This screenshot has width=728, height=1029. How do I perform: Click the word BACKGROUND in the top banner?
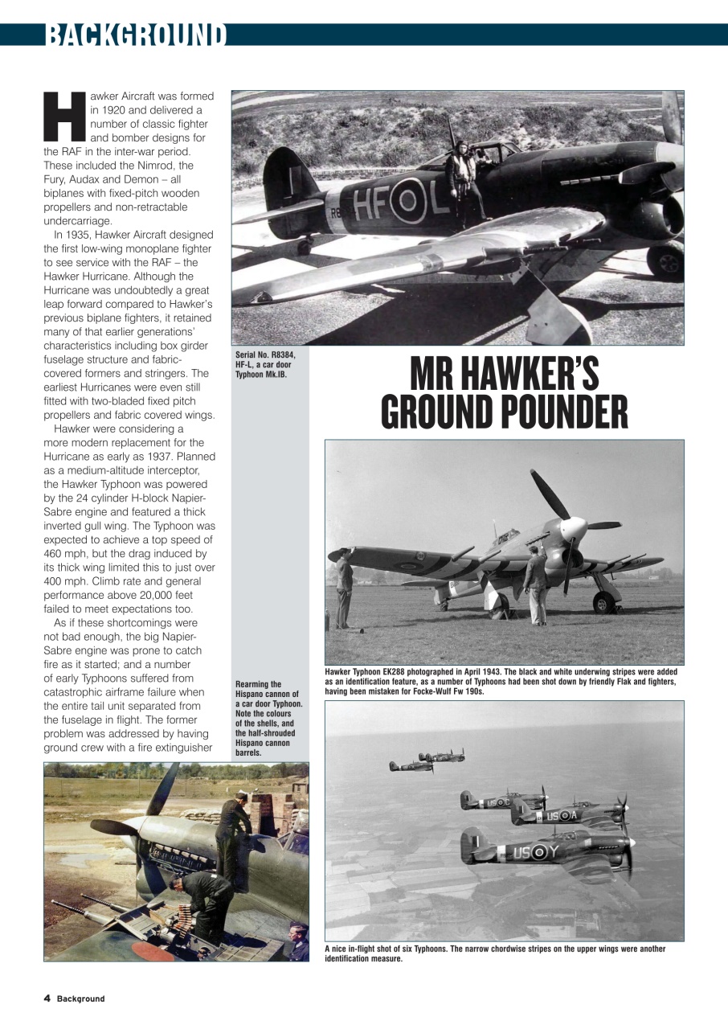point(135,35)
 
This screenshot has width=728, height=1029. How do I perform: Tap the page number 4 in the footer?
point(47,998)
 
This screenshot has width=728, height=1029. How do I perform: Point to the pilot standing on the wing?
point(464,181)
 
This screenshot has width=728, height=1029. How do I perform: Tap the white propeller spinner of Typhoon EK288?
point(574,528)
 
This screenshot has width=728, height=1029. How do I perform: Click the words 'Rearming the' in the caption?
point(258,684)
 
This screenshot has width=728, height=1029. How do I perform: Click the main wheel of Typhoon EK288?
point(604,602)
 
